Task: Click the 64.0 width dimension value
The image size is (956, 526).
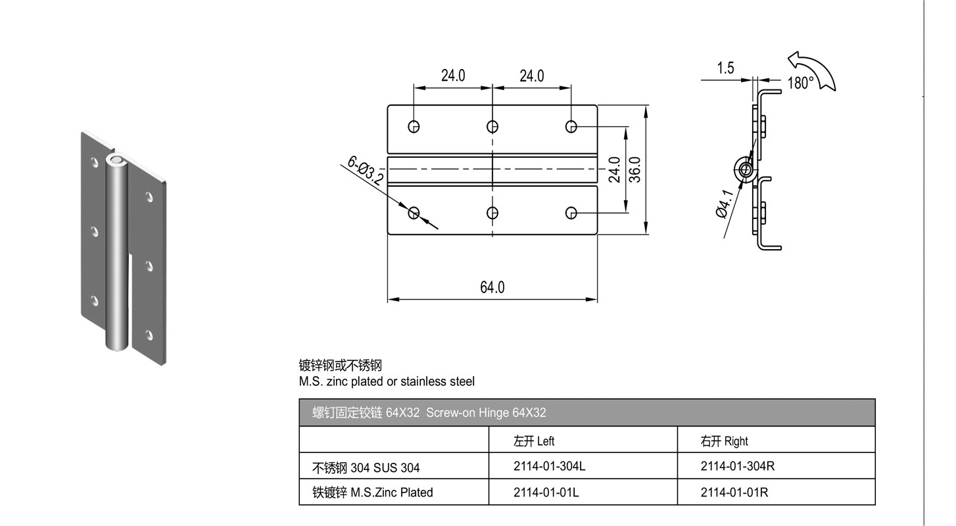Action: (492, 287)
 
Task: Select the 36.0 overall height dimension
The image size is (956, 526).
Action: (636, 170)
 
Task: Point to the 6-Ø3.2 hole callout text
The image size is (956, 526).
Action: (365, 170)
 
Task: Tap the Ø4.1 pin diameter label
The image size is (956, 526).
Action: (725, 204)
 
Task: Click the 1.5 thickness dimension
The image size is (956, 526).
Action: (725, 68)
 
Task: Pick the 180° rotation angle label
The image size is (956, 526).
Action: (800, 83)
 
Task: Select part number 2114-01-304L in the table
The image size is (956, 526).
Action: (549, 466)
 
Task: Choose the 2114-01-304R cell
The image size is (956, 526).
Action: (738, 466)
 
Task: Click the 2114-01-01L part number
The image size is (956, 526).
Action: (546, 492)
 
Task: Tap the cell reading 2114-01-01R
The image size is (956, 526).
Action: (734, 492)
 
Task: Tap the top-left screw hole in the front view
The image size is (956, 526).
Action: (414, 126)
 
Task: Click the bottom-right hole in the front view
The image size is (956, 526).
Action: (571, 212)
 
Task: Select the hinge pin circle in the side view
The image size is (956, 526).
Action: (746, 170)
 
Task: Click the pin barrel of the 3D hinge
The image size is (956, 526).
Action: (116, 254)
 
